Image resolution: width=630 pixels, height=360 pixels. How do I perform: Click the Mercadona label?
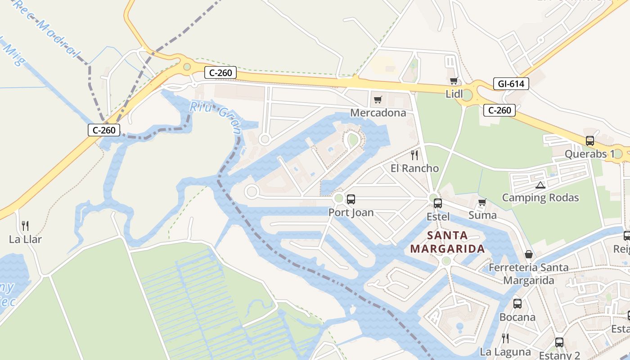(x=378, y=112)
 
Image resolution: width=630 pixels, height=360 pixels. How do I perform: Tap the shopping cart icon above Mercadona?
(x=378, y=99)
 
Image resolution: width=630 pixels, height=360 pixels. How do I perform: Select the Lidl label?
(x=454, y=94)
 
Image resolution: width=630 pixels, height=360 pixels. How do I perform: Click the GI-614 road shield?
(x=511, y=83)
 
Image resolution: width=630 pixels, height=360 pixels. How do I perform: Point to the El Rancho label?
(x=414, y=168)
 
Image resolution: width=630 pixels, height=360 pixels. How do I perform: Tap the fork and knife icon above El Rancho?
(x=414, y=155)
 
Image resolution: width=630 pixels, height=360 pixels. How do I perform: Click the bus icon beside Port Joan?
(x=351, y=199)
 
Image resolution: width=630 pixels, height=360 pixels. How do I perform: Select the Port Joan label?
(x=351, y=212)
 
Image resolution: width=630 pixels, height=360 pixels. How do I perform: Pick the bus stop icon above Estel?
(x=438, y=203)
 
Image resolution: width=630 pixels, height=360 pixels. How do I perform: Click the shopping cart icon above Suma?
(x=482, y=202)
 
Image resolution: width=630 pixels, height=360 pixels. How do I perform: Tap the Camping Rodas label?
(x=540, y=198)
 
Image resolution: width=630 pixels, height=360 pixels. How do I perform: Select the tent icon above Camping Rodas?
(x=540, y=185)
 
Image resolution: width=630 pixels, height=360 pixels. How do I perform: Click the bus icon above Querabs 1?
(x=590, y=141)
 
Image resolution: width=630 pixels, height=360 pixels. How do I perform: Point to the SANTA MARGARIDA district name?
(x=447, y=242)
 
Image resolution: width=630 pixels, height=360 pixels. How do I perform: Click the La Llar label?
(x=25, y=239)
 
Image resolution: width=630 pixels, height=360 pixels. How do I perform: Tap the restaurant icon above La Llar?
(x=25, y=225)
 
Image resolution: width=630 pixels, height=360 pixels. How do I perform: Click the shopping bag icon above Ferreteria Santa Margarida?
(x=529, y=254)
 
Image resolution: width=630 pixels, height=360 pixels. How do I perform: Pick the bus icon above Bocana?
(x=517, y=304)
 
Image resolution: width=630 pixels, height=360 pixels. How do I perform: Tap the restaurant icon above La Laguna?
(x=505, y=338)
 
